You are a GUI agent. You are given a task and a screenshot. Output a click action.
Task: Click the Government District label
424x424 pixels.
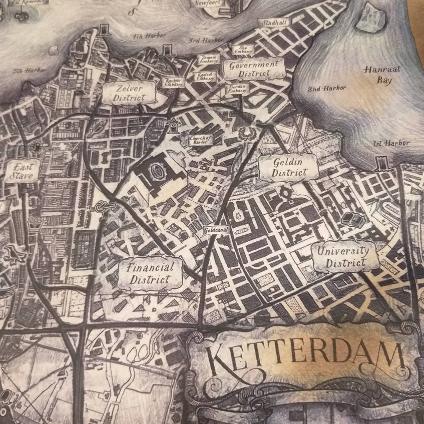(x=254, y=69)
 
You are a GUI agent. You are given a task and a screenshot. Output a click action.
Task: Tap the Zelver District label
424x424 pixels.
(x=129, y=93)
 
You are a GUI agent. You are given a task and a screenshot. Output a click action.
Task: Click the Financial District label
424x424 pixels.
(x=150, y=273)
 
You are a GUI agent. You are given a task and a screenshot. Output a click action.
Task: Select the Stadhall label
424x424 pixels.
(x=274, y=23)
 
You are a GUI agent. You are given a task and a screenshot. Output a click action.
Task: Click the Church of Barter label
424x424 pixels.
(x=201, y=140)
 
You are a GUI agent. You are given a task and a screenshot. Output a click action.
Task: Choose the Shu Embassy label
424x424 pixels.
(x=243, y=49)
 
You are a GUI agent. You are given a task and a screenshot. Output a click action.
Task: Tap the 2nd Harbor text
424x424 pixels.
(x=327, y=89)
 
